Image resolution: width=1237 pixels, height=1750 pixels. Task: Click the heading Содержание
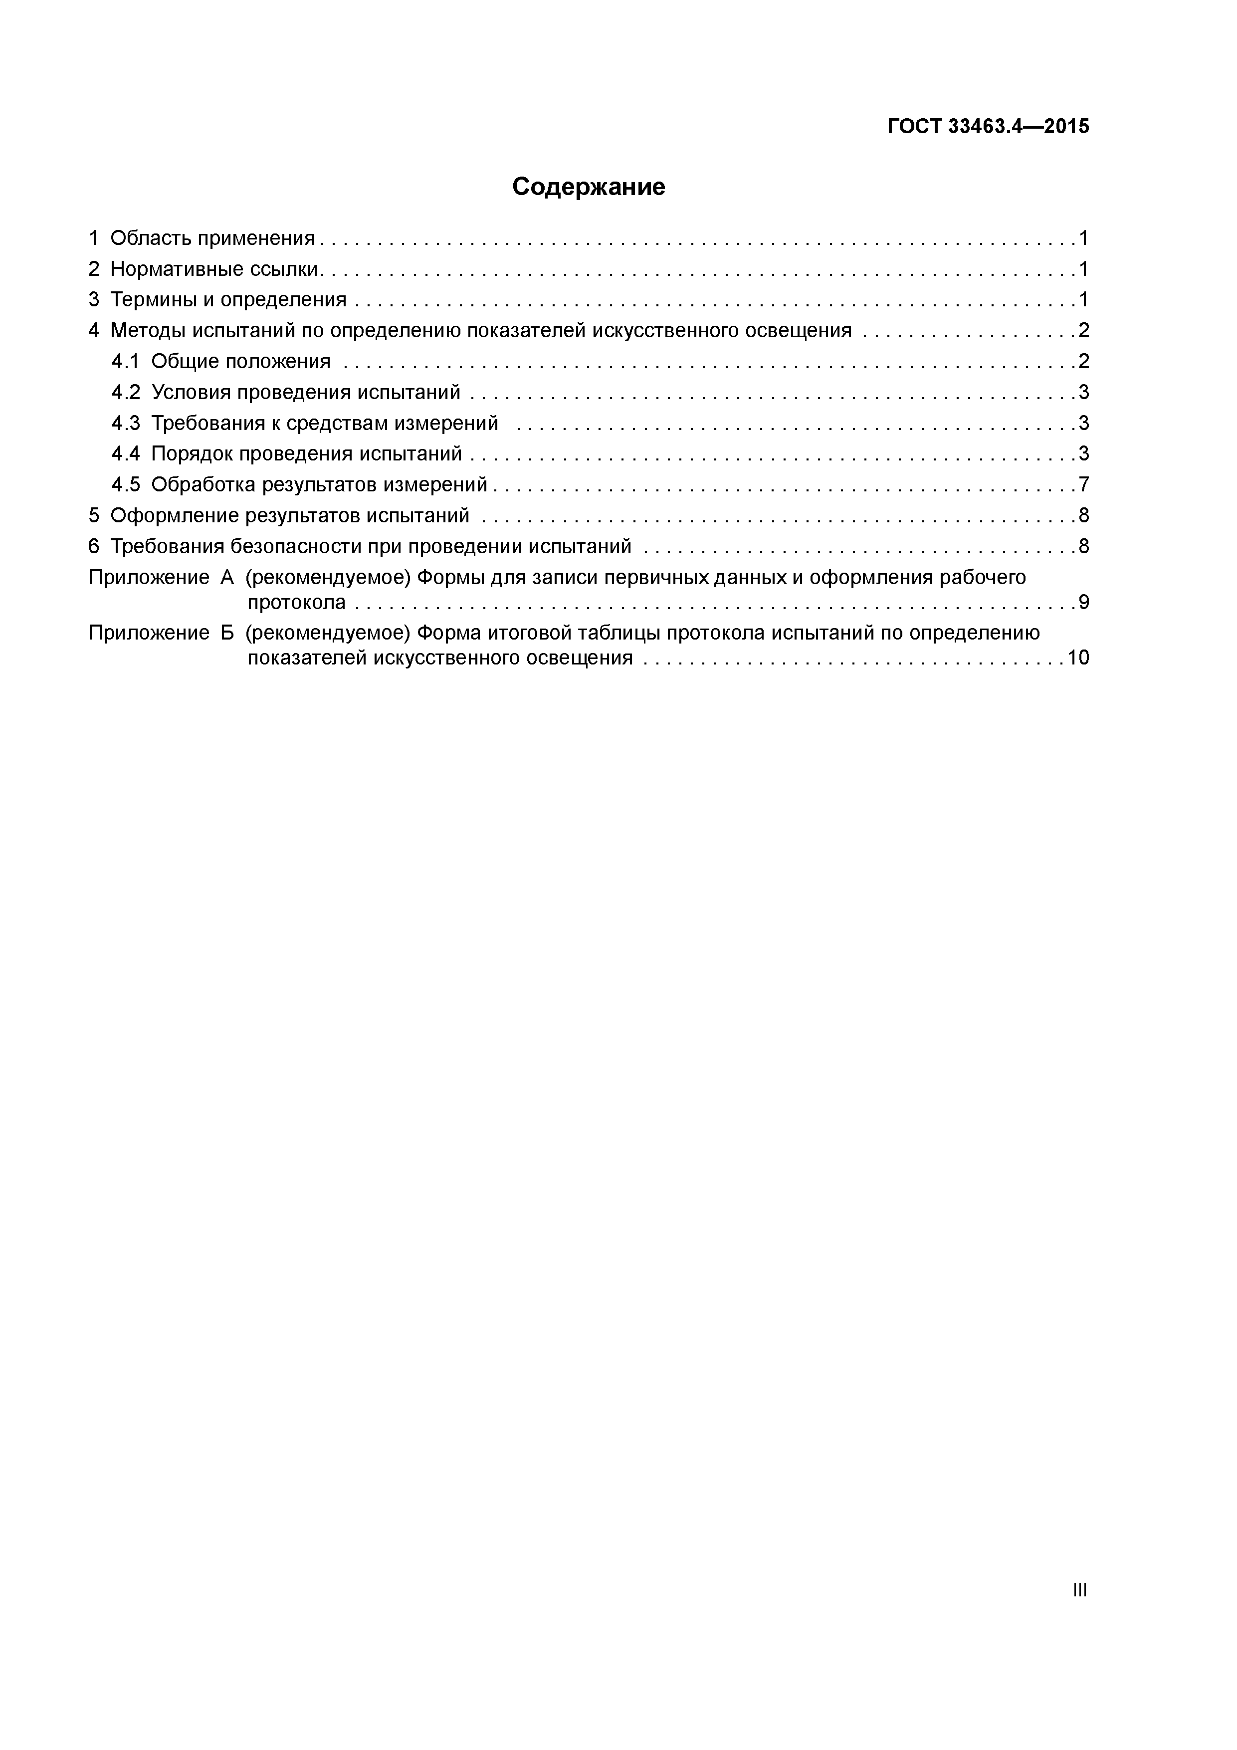pyautogui.click(x=589, y=187)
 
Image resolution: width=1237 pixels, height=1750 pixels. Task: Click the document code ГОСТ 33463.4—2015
pyautogui.click(x=989, y=127)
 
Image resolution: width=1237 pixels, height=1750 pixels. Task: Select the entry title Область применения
pyautogui.click(x=212, y=238)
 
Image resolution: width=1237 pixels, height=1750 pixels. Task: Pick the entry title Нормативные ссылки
pyautogui.click(x=213, y=269)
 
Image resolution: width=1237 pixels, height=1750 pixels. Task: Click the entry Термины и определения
pyautogui.click(x=228, y=299)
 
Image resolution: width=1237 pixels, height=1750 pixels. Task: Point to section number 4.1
pyautogui.click(x=126, y=361)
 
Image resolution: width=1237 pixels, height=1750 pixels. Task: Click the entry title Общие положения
pyautogui.click(x=241, y=361)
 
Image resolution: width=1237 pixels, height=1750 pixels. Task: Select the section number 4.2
pyautogui.click(x=126, y=393)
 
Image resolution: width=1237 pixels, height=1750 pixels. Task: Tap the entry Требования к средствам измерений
pyautogui.click(x=325, y=423)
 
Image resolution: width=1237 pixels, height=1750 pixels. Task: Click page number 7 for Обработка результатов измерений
pyautogui.click(x=1083, y=485)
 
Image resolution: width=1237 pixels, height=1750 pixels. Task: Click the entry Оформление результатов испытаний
pyautogui.click(x=290, y=516)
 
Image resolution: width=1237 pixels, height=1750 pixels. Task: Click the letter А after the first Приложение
pyautogui.click(x=227, y=578)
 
